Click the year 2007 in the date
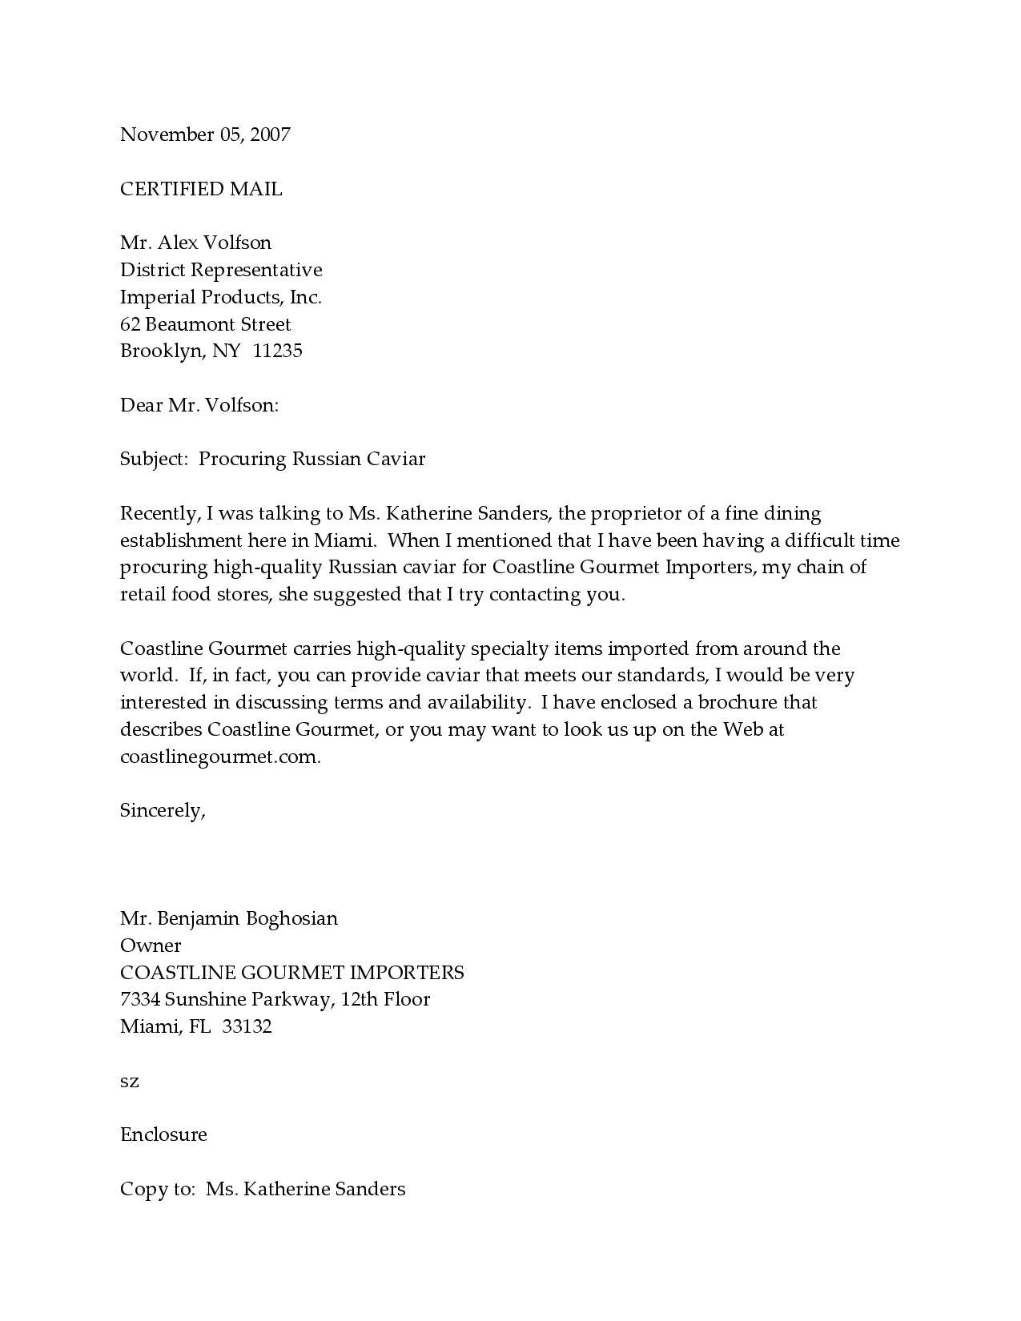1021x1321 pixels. click(x=270, y=135)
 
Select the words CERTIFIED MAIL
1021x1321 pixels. click(x=201, y=189)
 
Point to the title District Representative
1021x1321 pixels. click(x=221, y=270)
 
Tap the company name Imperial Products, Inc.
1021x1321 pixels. click(x=221, y=297)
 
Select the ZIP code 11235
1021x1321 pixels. click(x=277, y=351)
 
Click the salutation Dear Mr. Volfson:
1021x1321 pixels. click(x=199, y=405)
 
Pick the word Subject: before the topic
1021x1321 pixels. click(x=154, y=459)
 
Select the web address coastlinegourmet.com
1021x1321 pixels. click(x=220, y=757)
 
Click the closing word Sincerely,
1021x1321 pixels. click(x=163, y=810)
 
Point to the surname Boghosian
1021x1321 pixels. click(x=291, y=918)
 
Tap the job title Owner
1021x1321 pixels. click(x=151, y=946)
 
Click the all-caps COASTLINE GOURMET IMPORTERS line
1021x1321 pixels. click(x=291, y=973)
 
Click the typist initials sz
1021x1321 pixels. click(x=130, y=1082)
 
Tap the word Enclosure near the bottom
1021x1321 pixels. click(x=163, y=1134)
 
